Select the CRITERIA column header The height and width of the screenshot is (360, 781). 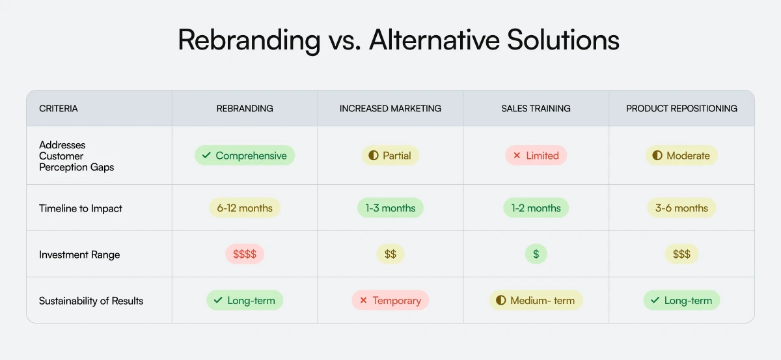[x=59, y=108]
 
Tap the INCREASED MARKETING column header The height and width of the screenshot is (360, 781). [x=390, y=108]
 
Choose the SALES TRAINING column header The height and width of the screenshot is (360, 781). [x=536, y=108]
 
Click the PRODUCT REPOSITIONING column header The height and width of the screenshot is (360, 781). [x=681, y=108]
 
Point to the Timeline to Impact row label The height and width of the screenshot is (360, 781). [x=81, y=208]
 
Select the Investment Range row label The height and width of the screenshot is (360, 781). [x=79, y=255]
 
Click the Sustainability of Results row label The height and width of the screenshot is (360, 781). [x=91, y=301]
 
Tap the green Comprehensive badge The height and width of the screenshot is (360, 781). [x=245, y=156]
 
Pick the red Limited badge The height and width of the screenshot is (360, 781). [x=536, y=156]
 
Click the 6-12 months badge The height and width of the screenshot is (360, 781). [x=245, y=208]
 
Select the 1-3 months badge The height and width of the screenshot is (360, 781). [x=390, y=208]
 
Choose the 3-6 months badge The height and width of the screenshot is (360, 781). [x=681, y=208]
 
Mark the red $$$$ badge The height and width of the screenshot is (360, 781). [x=245, y=255]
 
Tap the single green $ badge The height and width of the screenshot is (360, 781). [x=536, y=255]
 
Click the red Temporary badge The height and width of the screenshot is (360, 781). [x=390, y=301]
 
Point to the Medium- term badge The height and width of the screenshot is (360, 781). [x=536, y=301]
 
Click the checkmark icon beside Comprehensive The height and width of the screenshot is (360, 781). [x=206, y=156]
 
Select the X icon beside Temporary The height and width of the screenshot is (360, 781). [x=363, y=301]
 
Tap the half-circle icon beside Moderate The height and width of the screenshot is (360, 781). [x=657, y=156]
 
